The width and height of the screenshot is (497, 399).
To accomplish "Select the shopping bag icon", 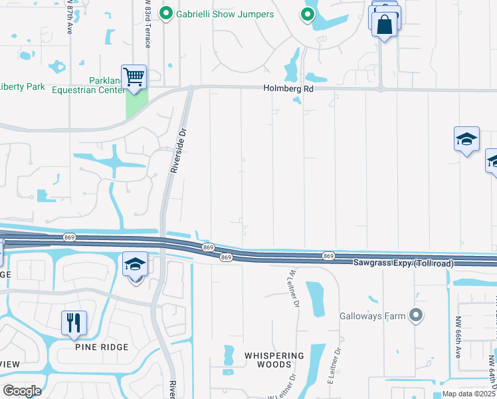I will pyautogui.click(x=385, y=25).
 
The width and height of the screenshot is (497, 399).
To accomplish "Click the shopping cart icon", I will pyautogui.click(x=134, y=77).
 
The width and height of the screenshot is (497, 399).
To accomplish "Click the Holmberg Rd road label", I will pyautogui.click(x=288, y=87).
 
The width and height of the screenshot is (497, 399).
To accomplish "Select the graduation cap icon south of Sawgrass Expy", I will pyautogui.click(x=135, y=264).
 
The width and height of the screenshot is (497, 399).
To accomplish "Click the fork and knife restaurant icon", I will pyautogui.click(x=74, y=323).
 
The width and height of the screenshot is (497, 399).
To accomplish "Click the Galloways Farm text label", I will pyautogui.click(x=371, y=317).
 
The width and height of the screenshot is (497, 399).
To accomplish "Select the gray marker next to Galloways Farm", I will pyautogui.click(x=416, y=315).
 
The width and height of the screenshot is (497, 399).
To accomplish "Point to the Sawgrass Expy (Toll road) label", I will pyautogui.click(x=403, y=264).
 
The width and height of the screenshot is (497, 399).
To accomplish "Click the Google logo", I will pyautogui.click(x=22, y=391).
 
